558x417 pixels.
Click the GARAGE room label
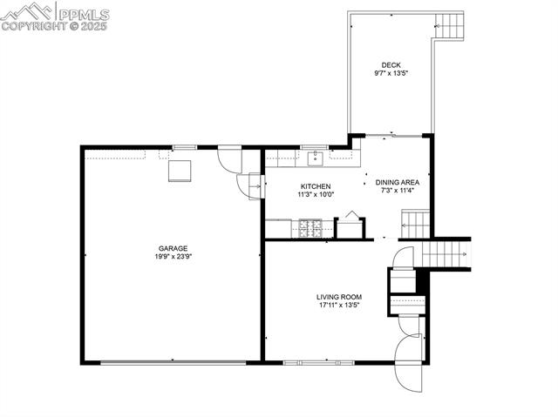[173, 248]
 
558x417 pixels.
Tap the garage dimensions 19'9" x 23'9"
[173, 257]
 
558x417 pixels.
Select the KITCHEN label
[315, 186]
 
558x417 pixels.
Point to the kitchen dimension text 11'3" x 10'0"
[315, 195]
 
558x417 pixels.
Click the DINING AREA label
[398, 182]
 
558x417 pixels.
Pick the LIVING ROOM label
[338, 297]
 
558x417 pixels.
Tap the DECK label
[391, 64]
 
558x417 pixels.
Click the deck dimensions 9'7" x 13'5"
[391, 73]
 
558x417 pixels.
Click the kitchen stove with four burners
[310, 229]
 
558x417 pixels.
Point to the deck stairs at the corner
[451, 24]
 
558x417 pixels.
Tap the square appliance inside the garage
[180, 170]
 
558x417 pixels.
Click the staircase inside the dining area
[416, 224]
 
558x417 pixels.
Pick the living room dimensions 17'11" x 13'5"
[338, 306]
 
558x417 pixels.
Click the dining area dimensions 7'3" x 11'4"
[398, 191]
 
